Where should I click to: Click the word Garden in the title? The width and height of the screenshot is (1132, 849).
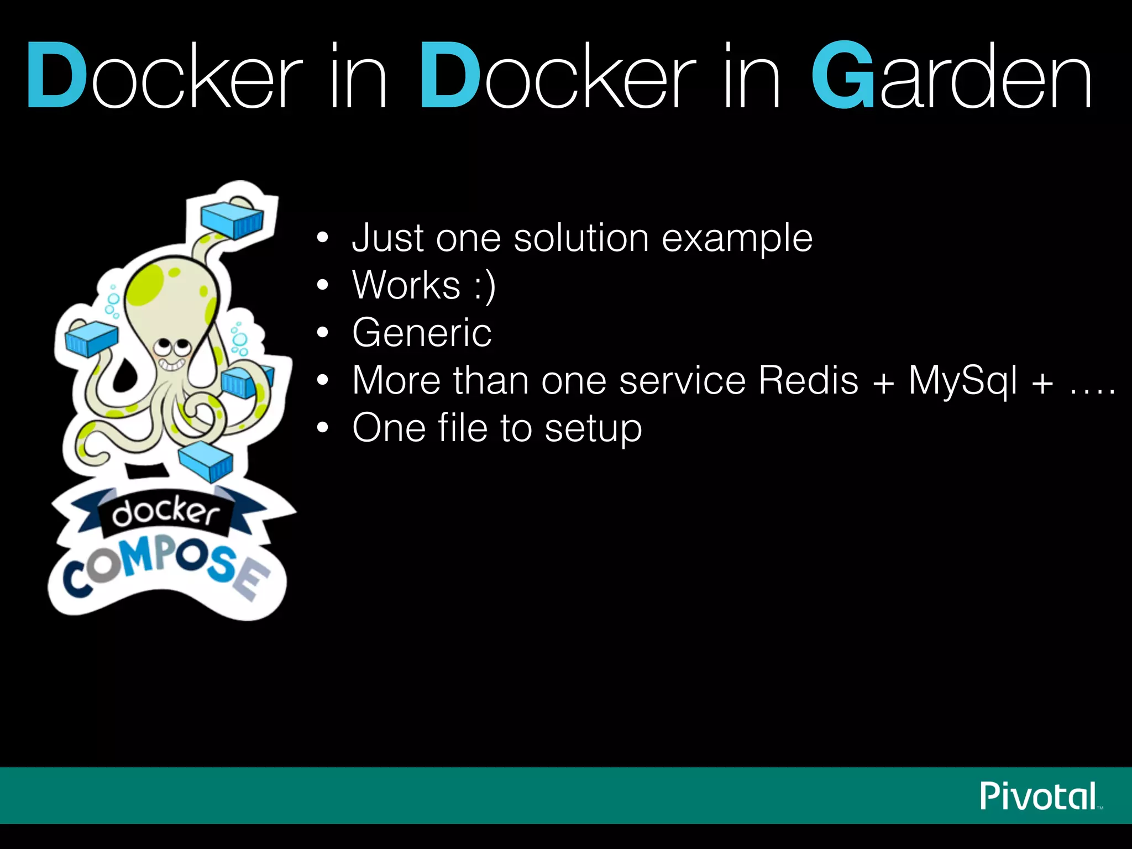coord(952,76)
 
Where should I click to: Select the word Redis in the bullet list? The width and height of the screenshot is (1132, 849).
coord(808,380)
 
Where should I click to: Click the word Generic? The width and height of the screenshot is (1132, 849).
coord(422,333)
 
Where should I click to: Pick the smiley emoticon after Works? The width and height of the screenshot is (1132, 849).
coord(485,286)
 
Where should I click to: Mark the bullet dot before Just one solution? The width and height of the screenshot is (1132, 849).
coord(323,238)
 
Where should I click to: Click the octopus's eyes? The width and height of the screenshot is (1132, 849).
coord(172,348)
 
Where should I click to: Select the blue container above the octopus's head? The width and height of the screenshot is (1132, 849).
coord(232,219)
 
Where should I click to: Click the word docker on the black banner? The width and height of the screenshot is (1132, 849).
coord(165,512)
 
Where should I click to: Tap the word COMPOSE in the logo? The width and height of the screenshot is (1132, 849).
coord(166,569)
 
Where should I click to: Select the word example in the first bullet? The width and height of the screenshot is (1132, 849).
coord(737,239)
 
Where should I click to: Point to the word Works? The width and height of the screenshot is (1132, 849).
coord(406,285)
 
